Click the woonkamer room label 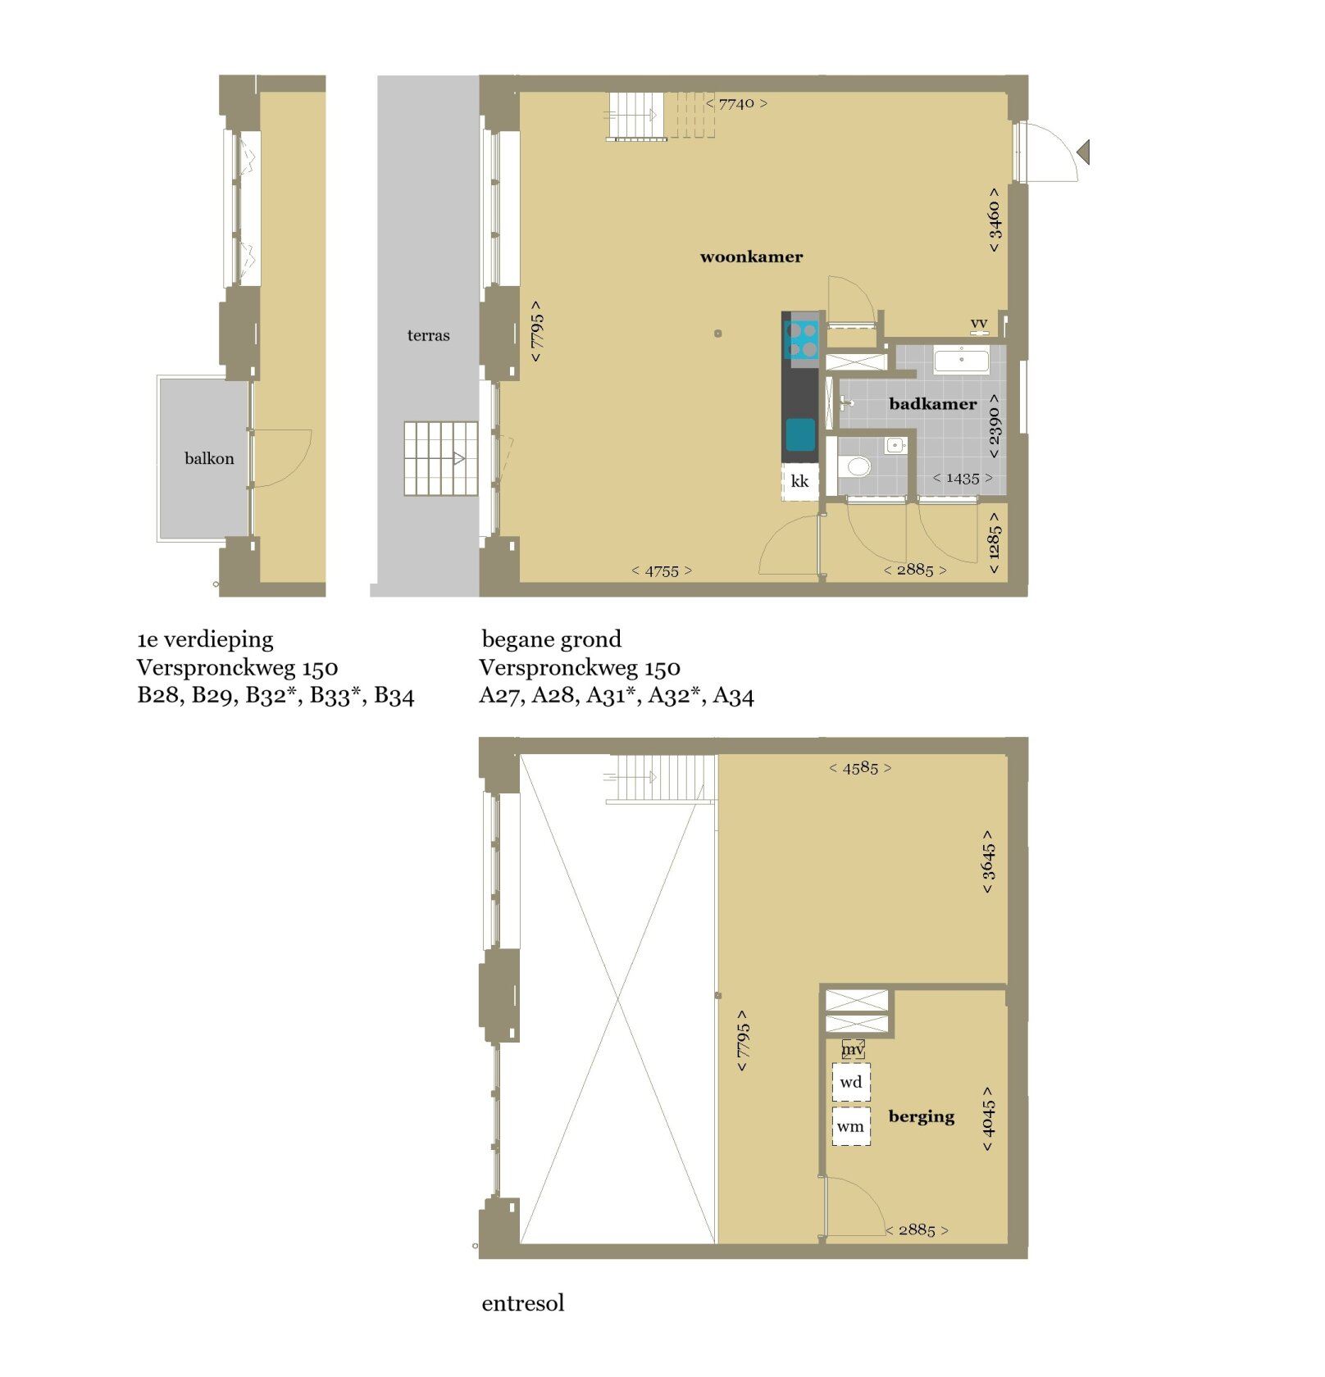751,257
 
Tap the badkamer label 932,403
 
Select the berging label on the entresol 921,1116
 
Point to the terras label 428,334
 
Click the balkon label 209,458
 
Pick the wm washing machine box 851,1126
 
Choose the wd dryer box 851,1082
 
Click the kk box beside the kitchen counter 799,482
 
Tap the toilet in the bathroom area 855,466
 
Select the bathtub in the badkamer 962,359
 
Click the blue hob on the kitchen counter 801,340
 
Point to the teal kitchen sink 800,435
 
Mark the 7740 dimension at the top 736,103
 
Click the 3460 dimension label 994,220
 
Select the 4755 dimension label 662,570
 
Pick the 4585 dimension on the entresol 860,768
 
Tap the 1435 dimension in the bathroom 963,478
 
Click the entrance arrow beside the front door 1084,152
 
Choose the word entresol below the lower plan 523,1303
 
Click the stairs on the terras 441,458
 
